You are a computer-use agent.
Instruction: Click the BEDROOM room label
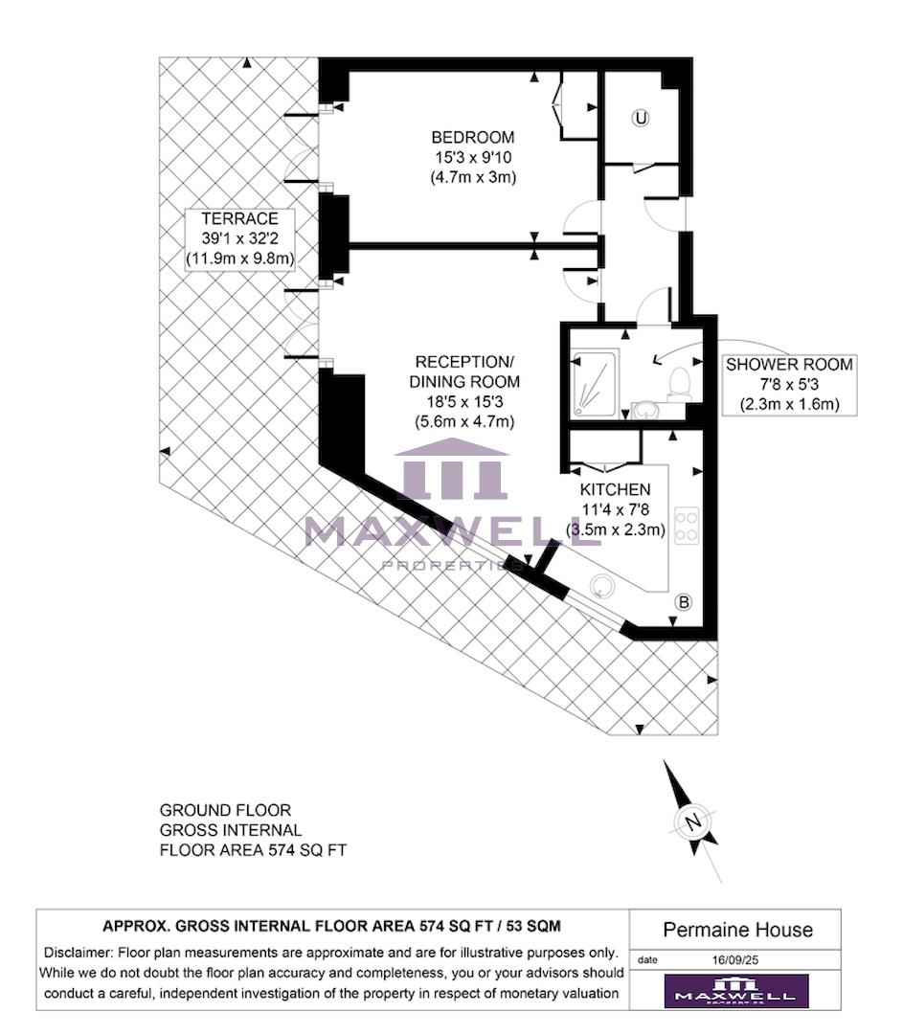point(473,137)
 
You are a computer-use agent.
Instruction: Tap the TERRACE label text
point(239,218)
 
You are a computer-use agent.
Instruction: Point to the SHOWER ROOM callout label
point(788,365)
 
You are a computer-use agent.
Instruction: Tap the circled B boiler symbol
point(684,602)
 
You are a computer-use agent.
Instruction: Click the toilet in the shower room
point(680,382)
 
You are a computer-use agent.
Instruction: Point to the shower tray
point(595,383)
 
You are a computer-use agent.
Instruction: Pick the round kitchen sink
point(603,587)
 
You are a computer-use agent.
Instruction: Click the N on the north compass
point(692,821)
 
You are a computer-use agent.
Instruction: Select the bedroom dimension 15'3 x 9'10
point(473,157)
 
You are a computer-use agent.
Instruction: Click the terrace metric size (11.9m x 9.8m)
point(239,258)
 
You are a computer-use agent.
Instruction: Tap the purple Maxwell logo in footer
point(736,991)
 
